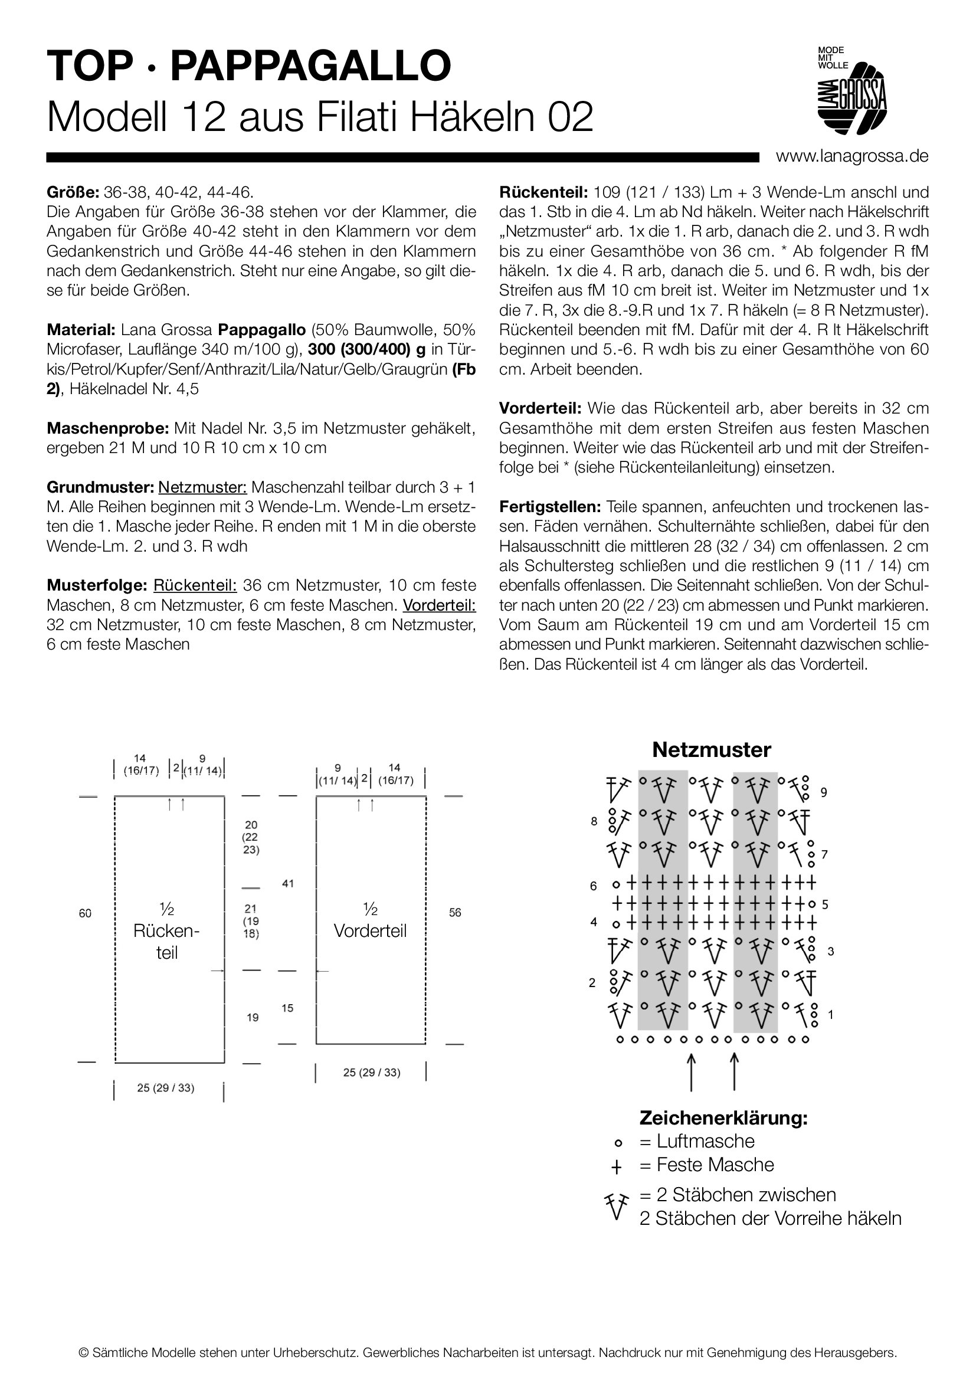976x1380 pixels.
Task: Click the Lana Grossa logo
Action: point(851,90)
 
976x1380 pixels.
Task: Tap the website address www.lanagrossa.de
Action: point(852,156)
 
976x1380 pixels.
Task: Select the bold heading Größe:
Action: point(73,192)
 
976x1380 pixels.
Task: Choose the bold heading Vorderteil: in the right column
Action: point(540,409)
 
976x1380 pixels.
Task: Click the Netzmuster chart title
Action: point(711,749)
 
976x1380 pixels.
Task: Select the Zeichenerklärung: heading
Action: point(723,1118)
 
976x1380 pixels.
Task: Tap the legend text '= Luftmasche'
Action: point(697,1141)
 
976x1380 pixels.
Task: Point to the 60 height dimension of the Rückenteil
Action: point(86,913)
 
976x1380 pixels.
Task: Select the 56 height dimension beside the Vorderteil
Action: point(455,912)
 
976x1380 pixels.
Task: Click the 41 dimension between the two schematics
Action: point(288,884)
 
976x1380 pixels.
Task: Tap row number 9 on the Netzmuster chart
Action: point(824,793)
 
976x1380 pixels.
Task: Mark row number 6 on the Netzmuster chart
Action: point(593,886)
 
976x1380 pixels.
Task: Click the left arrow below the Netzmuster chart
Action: point(691,1071)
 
